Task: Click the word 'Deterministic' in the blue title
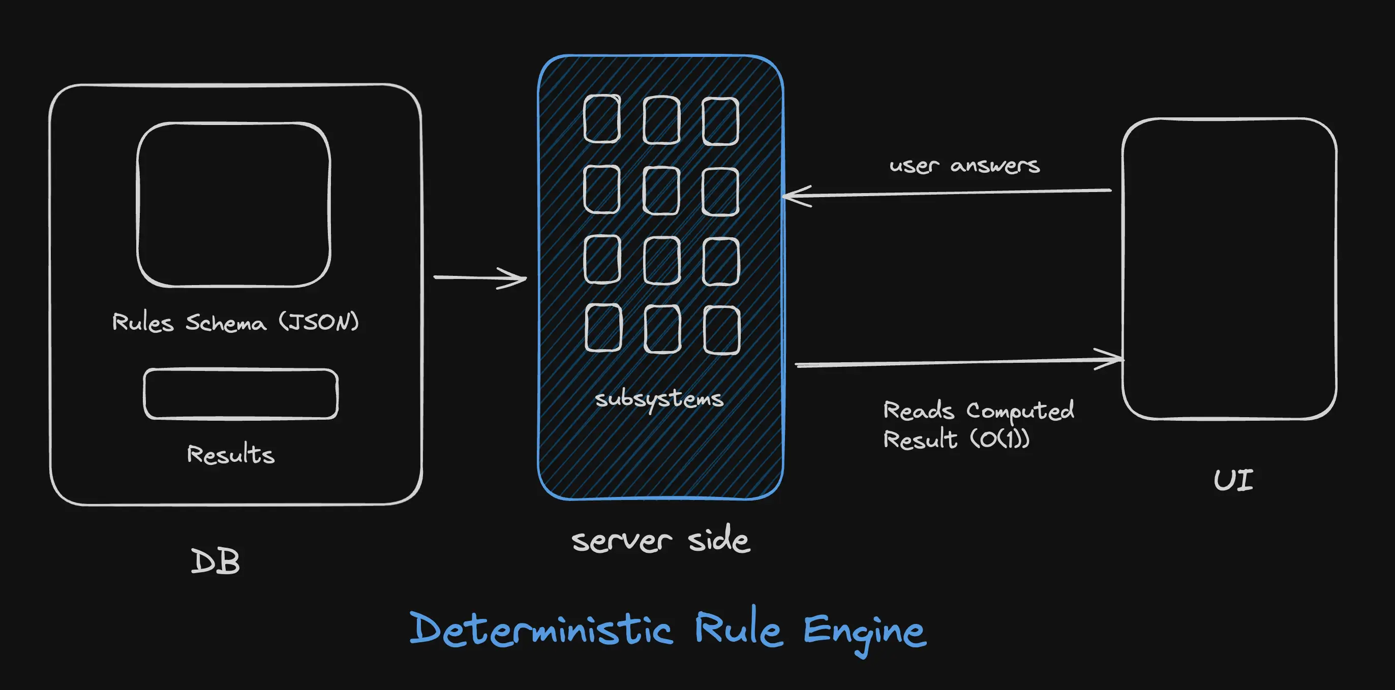pos(540,631)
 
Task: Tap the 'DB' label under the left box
pos(215,562)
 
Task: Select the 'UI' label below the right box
pos(1233,481)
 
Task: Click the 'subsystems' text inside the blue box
pos(659,399)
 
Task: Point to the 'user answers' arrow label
pos(964,165)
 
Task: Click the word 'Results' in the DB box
pos(231,454)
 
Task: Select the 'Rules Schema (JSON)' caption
pos(235,323)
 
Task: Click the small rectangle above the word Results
pos(240,394)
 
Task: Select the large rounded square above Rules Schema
pos(233,205)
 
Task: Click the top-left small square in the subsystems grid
pos(601,118)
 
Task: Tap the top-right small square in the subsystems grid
pos(720,121)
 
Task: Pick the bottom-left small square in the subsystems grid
pos(603,327)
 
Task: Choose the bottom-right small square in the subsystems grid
pos(721,330)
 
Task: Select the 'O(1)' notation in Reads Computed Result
pos(999,439)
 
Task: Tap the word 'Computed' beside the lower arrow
pos(1020,411)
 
